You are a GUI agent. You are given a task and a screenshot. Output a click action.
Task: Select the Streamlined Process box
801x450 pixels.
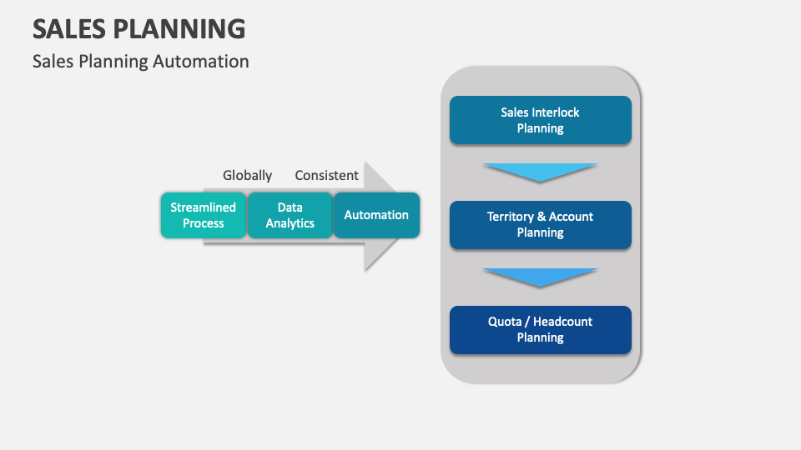(x=204, y=215)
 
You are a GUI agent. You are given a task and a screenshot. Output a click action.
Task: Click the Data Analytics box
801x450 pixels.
(x=290, y=215)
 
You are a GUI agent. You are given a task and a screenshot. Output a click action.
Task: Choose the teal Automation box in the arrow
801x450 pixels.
(x=376, y=215)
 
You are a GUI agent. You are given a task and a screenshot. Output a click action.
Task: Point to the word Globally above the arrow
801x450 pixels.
(x=247, y=176)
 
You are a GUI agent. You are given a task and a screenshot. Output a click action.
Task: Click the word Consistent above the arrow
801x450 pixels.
(x=326, y=176)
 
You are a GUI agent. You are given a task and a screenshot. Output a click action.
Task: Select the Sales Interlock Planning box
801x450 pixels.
(x=540, y=120)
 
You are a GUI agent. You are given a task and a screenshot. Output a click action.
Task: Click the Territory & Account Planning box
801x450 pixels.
(x=540, y=225)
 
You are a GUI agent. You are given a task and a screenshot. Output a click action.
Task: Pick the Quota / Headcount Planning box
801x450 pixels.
(x=540, y=329)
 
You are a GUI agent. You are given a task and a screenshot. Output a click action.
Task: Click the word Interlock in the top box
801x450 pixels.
(x=556, y=112)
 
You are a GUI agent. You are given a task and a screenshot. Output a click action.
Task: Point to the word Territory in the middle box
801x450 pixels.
(x=510, y=217)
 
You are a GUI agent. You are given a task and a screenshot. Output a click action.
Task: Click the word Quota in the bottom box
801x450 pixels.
(x=504, y=322)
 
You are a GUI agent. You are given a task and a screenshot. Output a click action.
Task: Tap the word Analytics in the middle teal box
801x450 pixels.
(x=290, y=223)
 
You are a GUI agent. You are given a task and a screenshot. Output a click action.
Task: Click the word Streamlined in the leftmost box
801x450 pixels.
(x=204, y=207)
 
